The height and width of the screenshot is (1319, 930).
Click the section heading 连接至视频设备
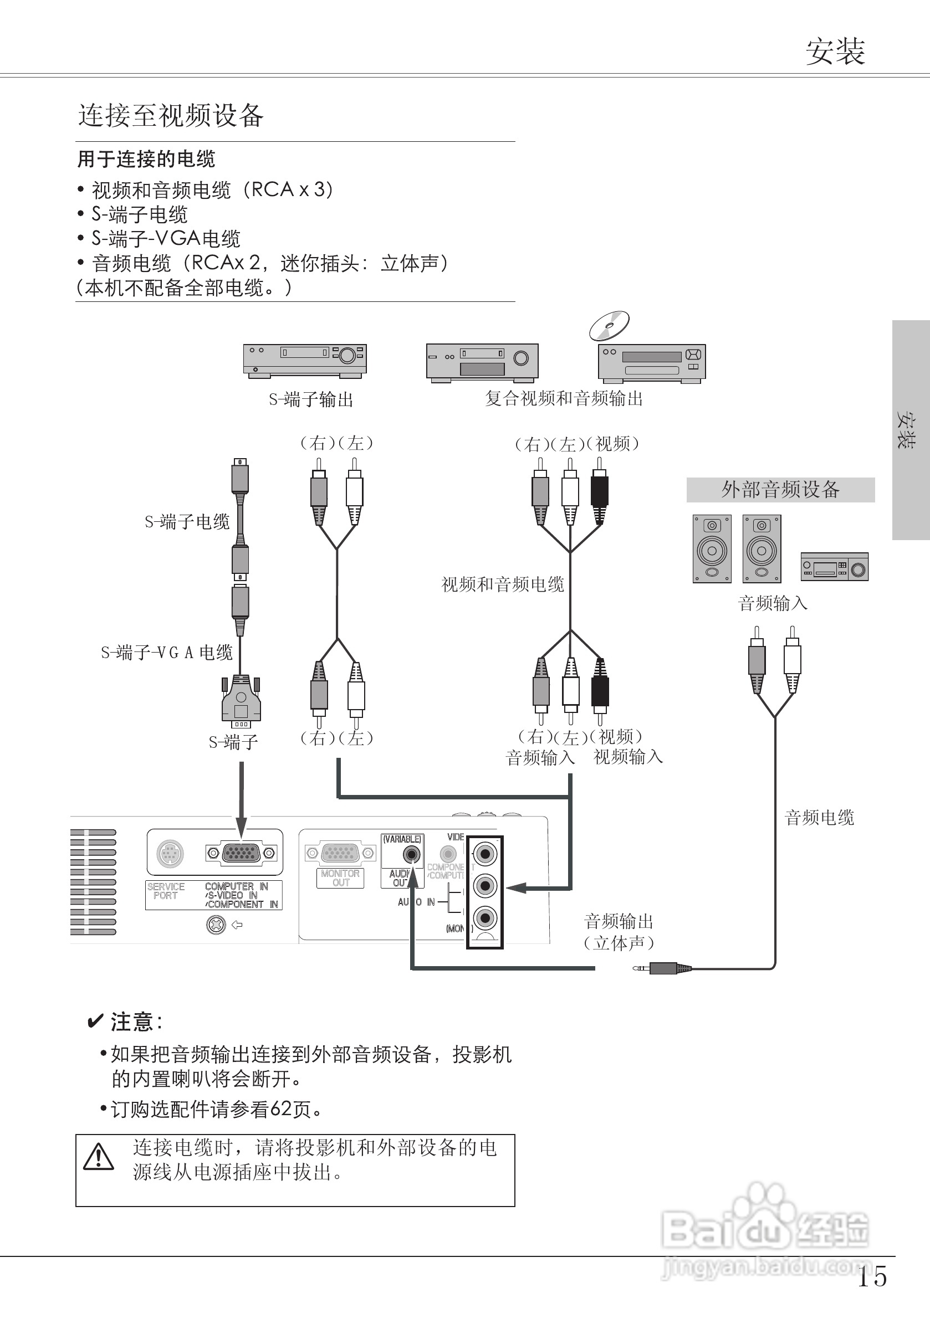coord(171,115)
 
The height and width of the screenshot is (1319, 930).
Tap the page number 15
coord(872,1276)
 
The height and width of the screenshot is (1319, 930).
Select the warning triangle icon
coord(99,1157)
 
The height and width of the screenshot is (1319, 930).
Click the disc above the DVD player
coord(609,326)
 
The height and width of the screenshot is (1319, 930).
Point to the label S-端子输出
coord(310,399)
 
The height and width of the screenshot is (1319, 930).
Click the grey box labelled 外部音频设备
coord(780,490)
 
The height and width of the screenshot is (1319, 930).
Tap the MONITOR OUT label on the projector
coord(340,878)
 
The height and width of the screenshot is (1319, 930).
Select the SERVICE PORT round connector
coord(170,853)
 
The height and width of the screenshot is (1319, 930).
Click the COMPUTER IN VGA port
coord(242,853)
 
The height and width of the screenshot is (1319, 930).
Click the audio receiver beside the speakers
coord(834,567)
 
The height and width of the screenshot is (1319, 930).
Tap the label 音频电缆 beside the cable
coord(819,818)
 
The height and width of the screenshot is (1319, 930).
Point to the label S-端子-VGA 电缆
coord(167,653)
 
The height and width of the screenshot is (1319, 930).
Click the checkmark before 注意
coord(94,1022)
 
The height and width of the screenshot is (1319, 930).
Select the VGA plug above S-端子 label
coord(242,701)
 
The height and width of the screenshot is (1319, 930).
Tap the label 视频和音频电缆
coord(502,585)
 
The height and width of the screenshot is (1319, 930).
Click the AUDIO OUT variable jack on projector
coord(412,855)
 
